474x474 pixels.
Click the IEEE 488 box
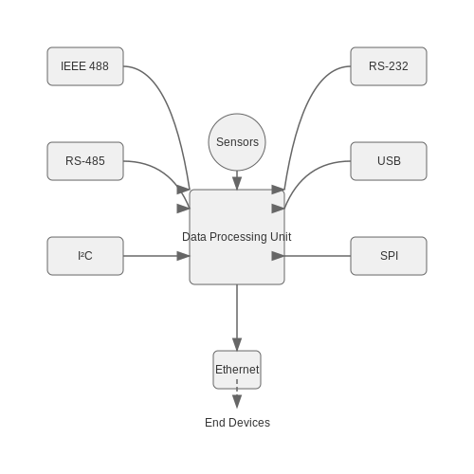click(85, 66)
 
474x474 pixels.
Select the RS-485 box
click(85, 161)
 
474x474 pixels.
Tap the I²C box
click(85, 256)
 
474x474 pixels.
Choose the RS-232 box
click(389, 66)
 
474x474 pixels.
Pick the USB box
click(389, 161)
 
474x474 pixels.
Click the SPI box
click(389, 256)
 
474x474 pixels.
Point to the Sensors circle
click(237, 142)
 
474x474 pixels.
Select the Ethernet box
click(237, 370)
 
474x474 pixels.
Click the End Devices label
click(237, 423)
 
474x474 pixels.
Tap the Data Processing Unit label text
click(237, 237)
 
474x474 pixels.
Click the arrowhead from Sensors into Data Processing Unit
click(237, 183)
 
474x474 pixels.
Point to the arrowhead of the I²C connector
click(183, 256)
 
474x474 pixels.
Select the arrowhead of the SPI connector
click(278, 256)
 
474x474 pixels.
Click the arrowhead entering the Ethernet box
click(237, 344)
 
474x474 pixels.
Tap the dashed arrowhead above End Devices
click(237, 401)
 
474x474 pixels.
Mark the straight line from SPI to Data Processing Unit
click(318, 256)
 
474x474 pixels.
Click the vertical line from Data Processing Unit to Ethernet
click(237, 311)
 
